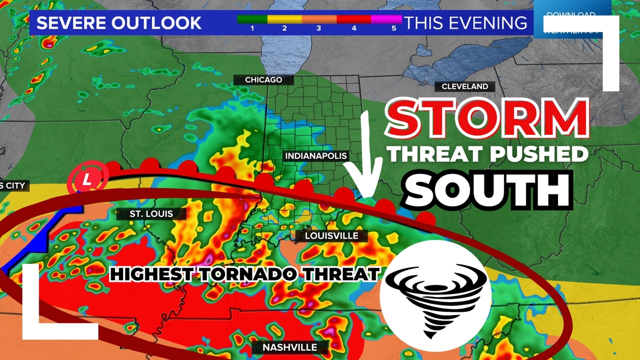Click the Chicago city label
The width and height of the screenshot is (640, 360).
click(x=263, y=80)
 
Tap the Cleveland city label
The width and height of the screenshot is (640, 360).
click(x=465, y=86)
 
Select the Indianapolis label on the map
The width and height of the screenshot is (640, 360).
click(x=316, y=156)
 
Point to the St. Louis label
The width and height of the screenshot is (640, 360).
click(x=151, y=214)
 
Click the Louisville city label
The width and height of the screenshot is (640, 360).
click(x=331, y=236)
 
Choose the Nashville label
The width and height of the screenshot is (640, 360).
click(x=290, y=348)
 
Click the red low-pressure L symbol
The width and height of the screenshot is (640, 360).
click(x=88, y=180)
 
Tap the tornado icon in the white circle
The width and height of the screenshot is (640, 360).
click(x=436, y=297)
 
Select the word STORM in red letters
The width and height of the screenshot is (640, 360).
click(x=487, y=120)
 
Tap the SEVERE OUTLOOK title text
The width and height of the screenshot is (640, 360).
click(x=118, y=23)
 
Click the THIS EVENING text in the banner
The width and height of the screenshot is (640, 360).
click(x=465, y=23)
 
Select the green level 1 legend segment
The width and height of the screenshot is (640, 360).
click(x=252, y=20)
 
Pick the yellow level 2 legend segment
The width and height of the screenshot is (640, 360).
click(x=285, y=20)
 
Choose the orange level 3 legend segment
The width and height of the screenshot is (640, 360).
click(x=319, y=20)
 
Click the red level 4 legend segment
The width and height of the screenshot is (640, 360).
click(x=354, y=20)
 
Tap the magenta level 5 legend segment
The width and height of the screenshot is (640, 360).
click(x=387, y=20)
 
